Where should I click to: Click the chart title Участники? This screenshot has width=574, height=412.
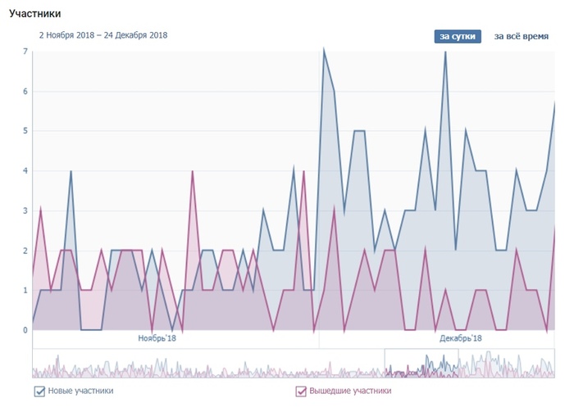[x=35, y=14]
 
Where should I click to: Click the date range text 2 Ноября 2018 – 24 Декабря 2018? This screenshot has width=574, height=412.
[x=102, y=35]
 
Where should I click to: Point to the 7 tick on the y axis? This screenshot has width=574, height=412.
[x=26, y=52]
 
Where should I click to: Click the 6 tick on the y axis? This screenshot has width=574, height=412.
[x=26, y=92]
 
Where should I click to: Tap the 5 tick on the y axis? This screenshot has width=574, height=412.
[x=26, y=131]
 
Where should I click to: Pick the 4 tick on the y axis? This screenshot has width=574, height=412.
[x=26, y=171]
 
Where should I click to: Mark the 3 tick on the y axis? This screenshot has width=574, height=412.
[x=26, y=211]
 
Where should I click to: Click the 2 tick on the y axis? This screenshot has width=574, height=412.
[x=26, y=251]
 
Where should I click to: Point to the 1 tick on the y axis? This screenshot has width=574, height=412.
[x=26, y=290]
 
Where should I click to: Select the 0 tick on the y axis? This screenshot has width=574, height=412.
[x=26, y=330]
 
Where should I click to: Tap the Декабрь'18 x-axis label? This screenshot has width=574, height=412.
[x=460, y=337]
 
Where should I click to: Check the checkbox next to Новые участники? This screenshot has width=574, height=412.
[x=39, y=391]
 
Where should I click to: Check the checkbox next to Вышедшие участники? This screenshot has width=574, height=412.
[x=301, y=391]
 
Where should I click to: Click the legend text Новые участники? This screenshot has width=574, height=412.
[x=80, y=391]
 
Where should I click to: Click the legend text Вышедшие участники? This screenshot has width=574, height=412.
[x=349, y=391]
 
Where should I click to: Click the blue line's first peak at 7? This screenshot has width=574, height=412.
[x=324, y=51]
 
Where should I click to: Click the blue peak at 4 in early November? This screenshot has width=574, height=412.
[x=71, y=171]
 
